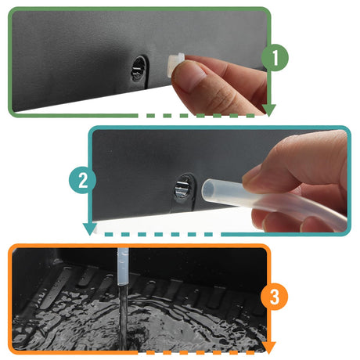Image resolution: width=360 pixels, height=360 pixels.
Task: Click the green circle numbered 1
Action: coord(275,58)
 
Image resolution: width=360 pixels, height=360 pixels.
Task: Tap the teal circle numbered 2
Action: coord(83,180)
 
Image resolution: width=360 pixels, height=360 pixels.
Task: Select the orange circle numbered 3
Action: coord(275,297)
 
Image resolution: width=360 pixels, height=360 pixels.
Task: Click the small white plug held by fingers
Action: coord(175,64)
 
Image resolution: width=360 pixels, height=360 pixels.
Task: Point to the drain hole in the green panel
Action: coord(139,69)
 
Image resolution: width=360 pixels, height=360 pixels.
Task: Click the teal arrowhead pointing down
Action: coord(90,229)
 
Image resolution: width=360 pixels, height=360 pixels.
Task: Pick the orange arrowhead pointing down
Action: coord(268,347)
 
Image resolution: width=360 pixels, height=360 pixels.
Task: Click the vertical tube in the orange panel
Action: coord(122,266)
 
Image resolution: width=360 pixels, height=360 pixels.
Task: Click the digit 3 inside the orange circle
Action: coord(275,297)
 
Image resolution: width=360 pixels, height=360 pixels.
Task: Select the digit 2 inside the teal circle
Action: coord(83,180)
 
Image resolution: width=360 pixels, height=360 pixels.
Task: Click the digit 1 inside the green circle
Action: coord(275,58)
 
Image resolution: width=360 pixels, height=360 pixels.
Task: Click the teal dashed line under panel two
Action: coord(159,235)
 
